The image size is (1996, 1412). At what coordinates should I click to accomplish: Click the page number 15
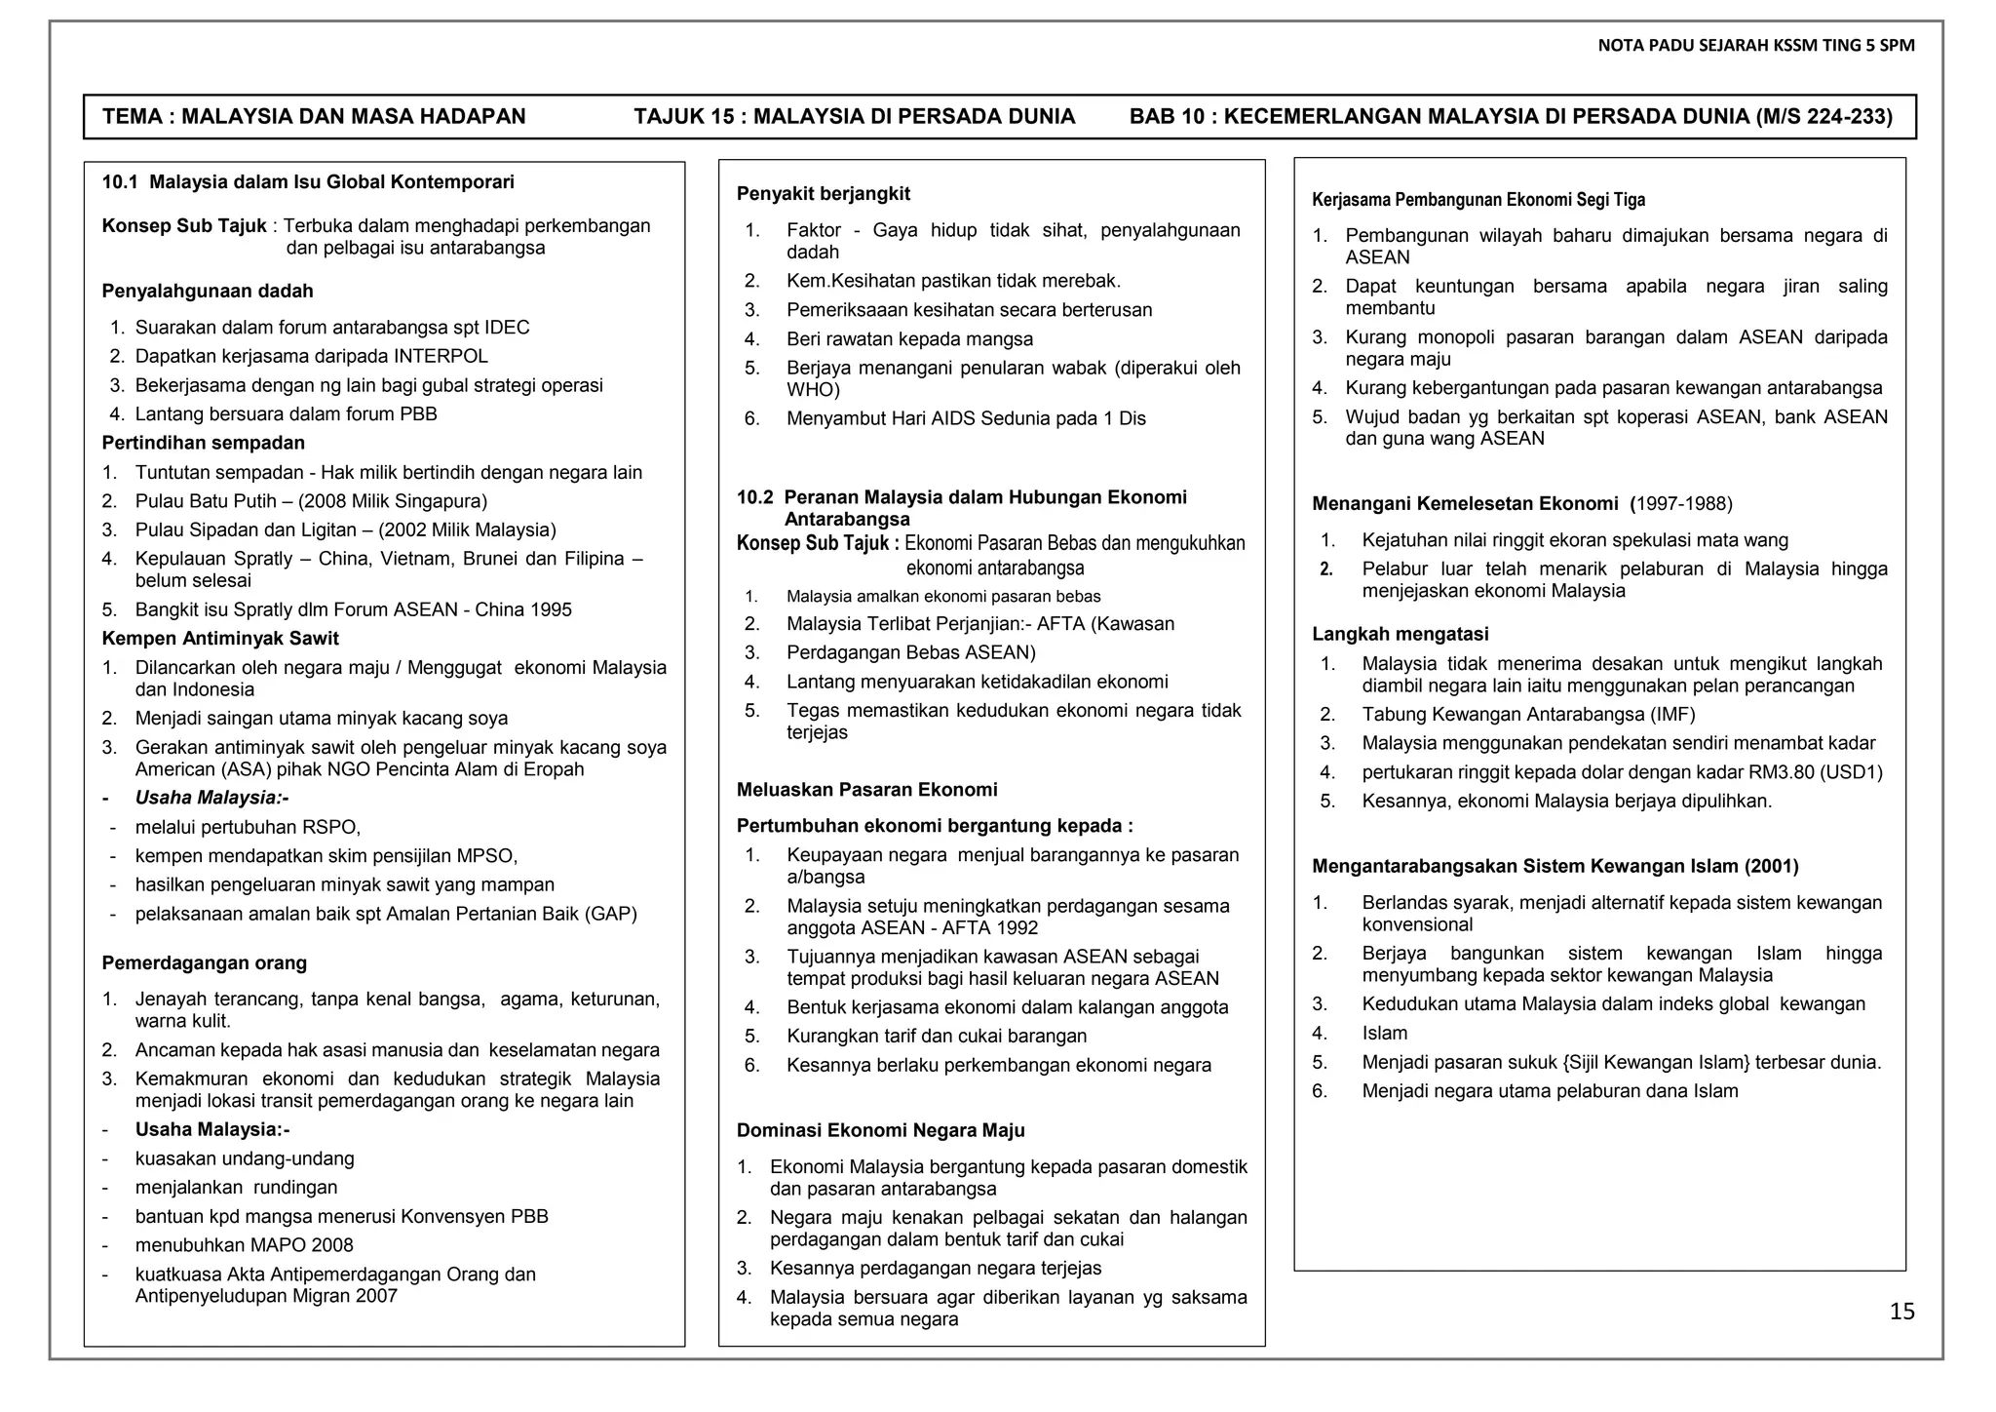coord(1901,1313)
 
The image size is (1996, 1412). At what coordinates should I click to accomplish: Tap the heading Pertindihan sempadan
coord(203,444)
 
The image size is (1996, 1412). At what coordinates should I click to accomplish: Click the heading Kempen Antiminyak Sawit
coord(220,639)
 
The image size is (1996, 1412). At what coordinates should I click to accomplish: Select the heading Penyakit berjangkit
coord(823,194)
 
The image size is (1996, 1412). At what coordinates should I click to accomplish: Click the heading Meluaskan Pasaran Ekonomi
coord(866,790)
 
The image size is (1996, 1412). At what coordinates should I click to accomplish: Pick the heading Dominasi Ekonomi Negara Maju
coord(880,1131)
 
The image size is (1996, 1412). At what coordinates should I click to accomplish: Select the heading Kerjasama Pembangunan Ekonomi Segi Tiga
coord(1478,200)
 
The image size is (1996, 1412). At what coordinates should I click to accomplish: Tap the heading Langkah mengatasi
coord(1400,635)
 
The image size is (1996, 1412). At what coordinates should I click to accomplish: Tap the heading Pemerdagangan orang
coord(204,963)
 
